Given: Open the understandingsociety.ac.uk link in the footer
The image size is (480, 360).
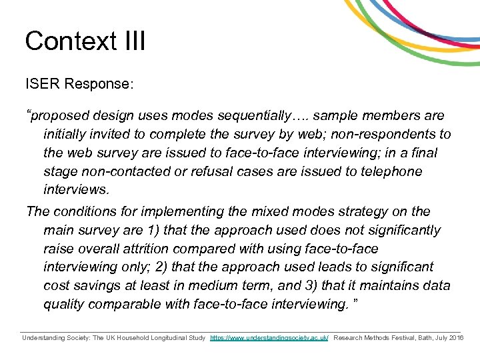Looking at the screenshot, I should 269,338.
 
